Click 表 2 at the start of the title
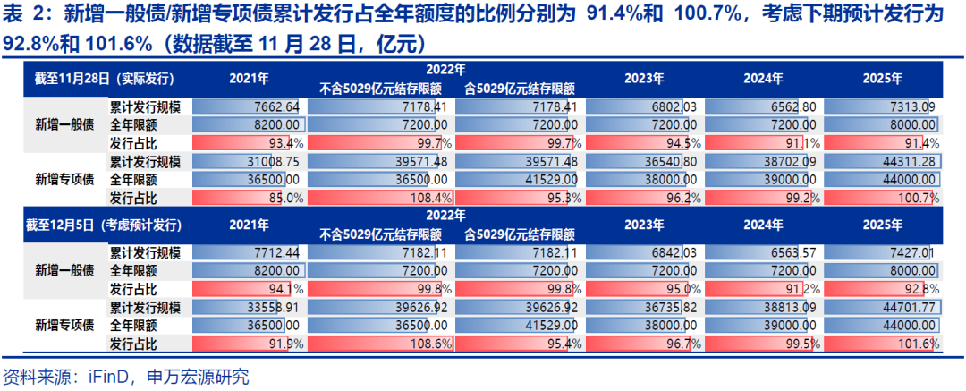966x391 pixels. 23,14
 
